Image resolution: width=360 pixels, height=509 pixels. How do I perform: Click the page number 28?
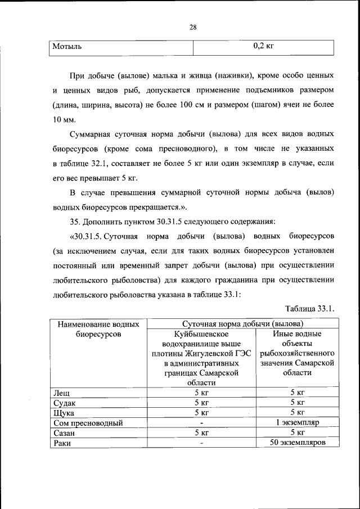tap(192, 27)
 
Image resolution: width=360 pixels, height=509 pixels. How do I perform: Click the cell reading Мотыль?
tap(67, 47)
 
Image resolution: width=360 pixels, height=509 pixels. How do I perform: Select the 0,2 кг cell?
tap(263, 47)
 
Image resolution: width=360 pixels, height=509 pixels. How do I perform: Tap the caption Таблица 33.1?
tap(310, 308)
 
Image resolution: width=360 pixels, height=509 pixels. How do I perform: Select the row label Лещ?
tap(60, 392)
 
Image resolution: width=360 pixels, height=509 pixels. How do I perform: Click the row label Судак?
tap(64, 402)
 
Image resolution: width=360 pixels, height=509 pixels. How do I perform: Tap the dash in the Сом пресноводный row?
tap(201, 422)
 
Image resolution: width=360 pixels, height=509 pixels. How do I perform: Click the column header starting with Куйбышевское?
tap(201, 358)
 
